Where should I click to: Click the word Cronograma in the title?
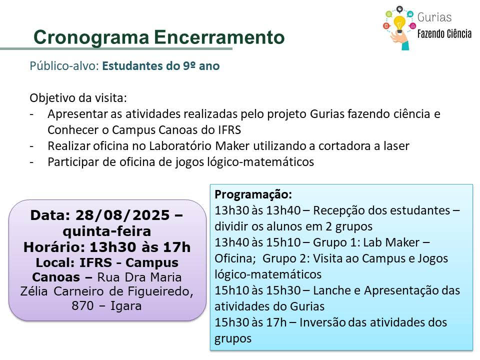point(91,37)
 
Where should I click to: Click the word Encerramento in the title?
point(219,37)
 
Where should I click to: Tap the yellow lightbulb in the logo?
point(399,23)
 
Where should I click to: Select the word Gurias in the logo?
point(434,17)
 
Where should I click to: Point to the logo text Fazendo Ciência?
point(444,33)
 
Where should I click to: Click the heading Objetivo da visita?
point(78,98)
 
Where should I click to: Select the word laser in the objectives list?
point(396,146)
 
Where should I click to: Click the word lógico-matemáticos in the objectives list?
point(260,162)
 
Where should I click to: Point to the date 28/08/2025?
point(122,215)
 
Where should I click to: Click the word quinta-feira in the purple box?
point(107,231)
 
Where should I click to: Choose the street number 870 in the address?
point(82,305)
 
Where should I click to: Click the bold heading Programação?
point(253,194)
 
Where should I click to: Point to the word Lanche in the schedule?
point(331,290)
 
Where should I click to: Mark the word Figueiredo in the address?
point(160,291)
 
